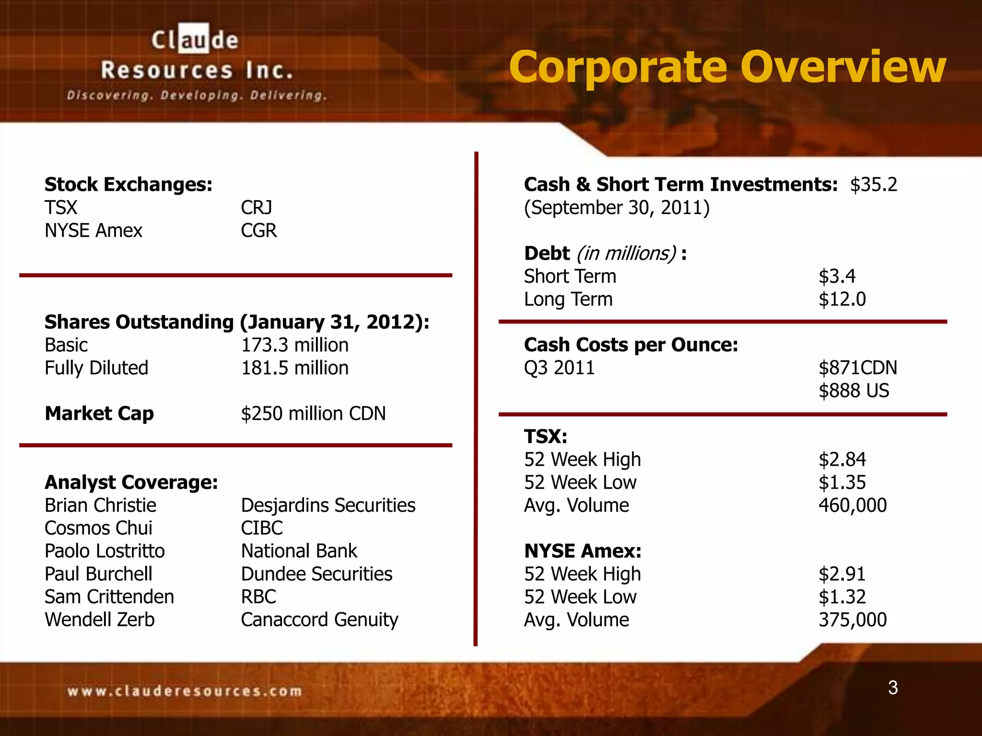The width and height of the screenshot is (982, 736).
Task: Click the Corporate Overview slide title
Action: point(727,67)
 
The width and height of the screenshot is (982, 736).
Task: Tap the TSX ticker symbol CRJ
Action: point(256,207)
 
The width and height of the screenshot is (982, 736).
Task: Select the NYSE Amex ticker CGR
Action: point(258,230)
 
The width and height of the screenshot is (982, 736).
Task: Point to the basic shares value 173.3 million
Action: point(294,345)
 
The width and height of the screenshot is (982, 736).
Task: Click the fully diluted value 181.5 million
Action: point(294,368)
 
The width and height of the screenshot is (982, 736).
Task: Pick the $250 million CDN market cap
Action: point(313,414)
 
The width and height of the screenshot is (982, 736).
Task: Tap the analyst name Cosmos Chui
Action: point(98,528)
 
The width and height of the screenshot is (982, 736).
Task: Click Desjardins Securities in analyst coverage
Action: point(328,505)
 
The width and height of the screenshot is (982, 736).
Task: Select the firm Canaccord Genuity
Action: point(319,620)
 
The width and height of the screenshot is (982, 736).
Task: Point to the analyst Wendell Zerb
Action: point(100,620)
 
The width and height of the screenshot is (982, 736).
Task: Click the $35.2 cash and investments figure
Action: point(873,184)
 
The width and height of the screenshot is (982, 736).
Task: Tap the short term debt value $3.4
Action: point(837,276)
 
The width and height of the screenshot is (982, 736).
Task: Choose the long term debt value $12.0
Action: point(842,299)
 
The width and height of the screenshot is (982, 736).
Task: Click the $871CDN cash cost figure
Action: point(857,368)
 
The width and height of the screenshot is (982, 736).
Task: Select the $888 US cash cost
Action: point(853,391)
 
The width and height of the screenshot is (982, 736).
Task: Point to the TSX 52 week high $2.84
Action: point(842,460)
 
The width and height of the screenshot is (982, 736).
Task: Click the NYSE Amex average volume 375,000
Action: point(853,620)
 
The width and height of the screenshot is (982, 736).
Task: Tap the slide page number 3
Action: point(892,688)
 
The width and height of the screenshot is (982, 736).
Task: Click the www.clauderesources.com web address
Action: point(185,691)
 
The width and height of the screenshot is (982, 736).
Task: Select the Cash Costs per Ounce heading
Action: point(631,345)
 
